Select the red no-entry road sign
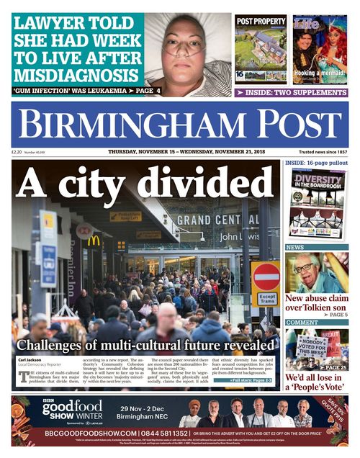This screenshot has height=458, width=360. point(266,276)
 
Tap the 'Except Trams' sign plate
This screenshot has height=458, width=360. point(267,299)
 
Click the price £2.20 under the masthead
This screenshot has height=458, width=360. point(17,152)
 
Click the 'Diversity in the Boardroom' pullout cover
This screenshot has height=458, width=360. point(317,203)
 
